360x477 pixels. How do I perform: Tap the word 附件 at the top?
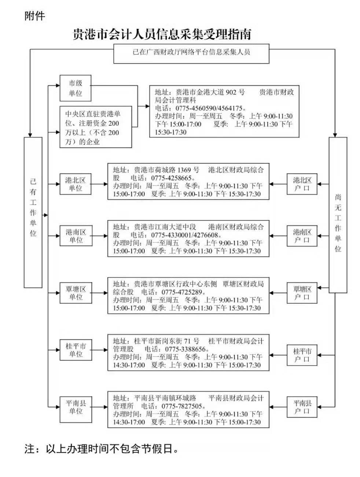pos(34,16)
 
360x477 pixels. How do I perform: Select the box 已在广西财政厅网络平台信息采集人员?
pos(191,52)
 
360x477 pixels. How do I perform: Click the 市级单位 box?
pos(76,88)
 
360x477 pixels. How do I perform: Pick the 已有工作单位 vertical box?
pos(33,212)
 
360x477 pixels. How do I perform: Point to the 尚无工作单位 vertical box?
pos(338,215)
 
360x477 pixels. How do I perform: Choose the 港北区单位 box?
pos(76,184)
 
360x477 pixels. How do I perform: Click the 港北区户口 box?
pos(302,184)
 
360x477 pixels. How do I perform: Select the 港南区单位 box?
pos(76,236)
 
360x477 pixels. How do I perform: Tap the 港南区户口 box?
pos(302,236)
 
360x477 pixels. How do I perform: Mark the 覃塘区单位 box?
pos(76,293)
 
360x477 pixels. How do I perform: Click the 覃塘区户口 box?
pos(302,293)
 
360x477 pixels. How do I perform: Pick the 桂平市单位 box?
pos(76,350)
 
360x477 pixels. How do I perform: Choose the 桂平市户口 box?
pos(302,355)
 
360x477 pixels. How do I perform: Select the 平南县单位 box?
pos(76,407)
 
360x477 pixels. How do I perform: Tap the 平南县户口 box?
pos(302,407)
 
